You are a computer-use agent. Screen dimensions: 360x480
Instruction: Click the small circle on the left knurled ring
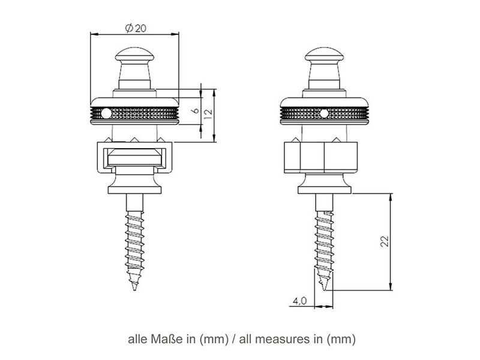[x=106, y=112]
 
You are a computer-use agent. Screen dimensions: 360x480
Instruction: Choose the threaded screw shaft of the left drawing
[x=135, y=240]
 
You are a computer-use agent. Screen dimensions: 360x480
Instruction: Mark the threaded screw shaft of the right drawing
[x=324, y=240]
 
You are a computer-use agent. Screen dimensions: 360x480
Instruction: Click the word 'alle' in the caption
[x=138, y=339]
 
